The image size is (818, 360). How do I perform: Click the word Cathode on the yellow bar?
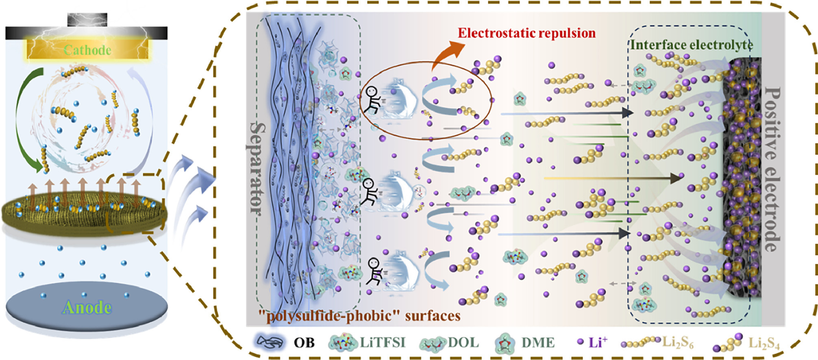point(87,50)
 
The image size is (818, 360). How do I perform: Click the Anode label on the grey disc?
point(87,308)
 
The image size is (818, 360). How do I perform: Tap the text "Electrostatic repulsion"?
point(526,33)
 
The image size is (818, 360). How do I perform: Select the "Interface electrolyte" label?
point(691,45)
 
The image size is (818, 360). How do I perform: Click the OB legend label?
point(304,343)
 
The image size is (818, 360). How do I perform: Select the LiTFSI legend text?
point(382,343)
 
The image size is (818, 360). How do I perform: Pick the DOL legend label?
point(463,343)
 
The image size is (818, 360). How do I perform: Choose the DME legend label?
point(537,343)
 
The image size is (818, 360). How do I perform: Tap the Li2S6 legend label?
point(678,343)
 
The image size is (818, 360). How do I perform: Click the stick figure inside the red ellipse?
point(372,100)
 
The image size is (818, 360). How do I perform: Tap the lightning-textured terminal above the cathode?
point(87,20)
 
